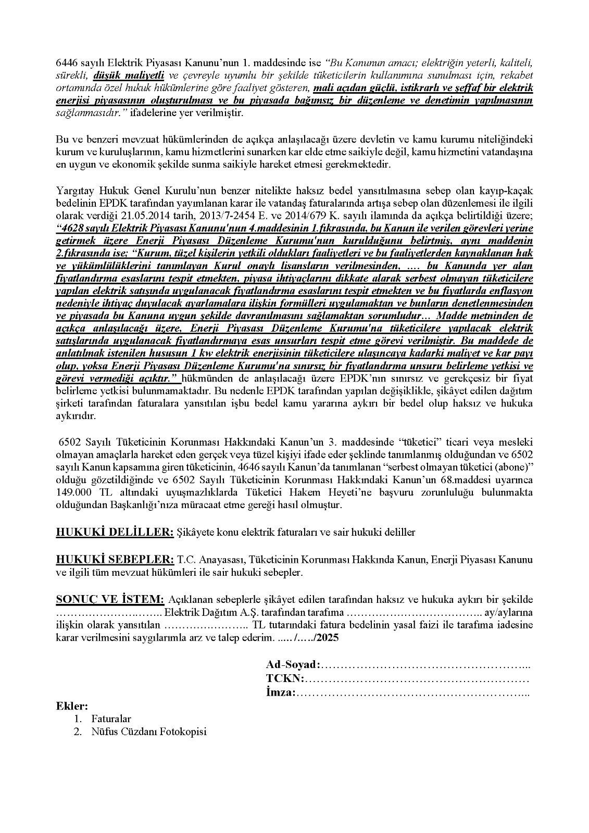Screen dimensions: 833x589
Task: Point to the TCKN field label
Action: (285, 678)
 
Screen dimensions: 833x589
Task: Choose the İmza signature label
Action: (281, 692)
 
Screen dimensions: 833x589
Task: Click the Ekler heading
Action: (72, 706)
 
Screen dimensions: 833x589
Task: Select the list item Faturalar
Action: (111, 719)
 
